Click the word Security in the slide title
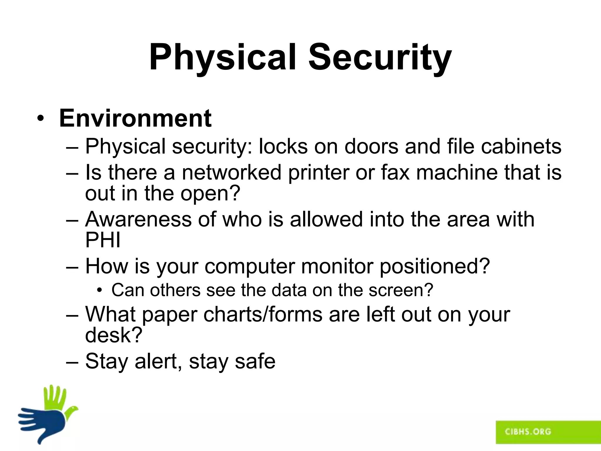coord(380,57)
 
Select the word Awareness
coord(138,219)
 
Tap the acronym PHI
coord(103,240)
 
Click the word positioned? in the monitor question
coord(435,266)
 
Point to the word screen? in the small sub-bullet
coord(401,290)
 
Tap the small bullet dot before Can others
coord(100,290)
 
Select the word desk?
coord(114,335)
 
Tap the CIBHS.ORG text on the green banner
coord(528,432)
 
